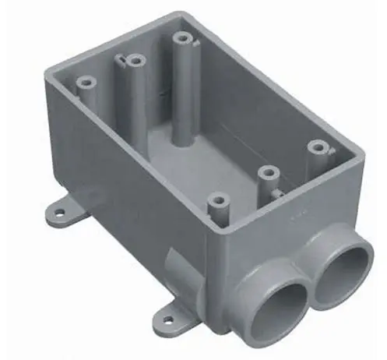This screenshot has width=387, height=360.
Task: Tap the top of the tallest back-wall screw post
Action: pos(183,37)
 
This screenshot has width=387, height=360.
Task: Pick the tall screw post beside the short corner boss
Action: pos(135,59)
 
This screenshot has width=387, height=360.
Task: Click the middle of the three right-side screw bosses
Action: pos(269,171)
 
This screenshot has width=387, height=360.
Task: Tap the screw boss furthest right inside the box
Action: pos(315,146)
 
